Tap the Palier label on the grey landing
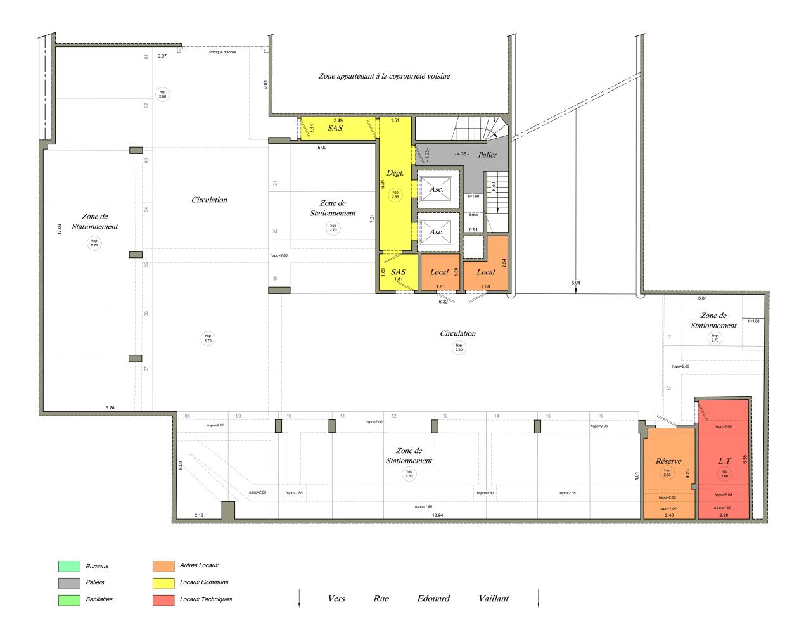click(x=488, y=155)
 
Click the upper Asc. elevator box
click(x=437, y=188)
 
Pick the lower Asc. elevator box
click(x=437, y=231)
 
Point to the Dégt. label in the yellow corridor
click(x=395, y=172)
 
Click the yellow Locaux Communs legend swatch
click(x=163, y=582)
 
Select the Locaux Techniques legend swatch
click(x=163, y=599)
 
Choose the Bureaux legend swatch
click(x=69, y=566)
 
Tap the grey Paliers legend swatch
click(x=69, y=582)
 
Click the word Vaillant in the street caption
click(x=494, y=598)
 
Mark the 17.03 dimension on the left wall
click(x=59, y=229)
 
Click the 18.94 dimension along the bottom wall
click(x=437, y=515)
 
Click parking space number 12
click(x=394, y=416)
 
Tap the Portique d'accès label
click(x=222, y=52)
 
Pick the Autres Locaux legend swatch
click(x=163, y=566)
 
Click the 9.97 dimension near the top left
click(x=162, y=56)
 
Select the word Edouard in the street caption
click(x=433, y=598)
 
